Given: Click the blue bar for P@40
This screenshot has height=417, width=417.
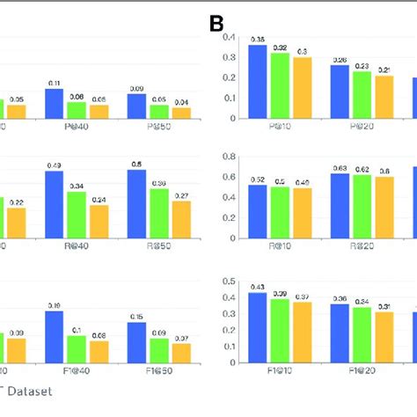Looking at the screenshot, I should [x=55, y=103].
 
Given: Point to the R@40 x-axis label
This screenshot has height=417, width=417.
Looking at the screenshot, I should [x=76, y=249].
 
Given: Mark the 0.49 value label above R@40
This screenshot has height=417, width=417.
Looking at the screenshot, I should [x=55, y=165].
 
